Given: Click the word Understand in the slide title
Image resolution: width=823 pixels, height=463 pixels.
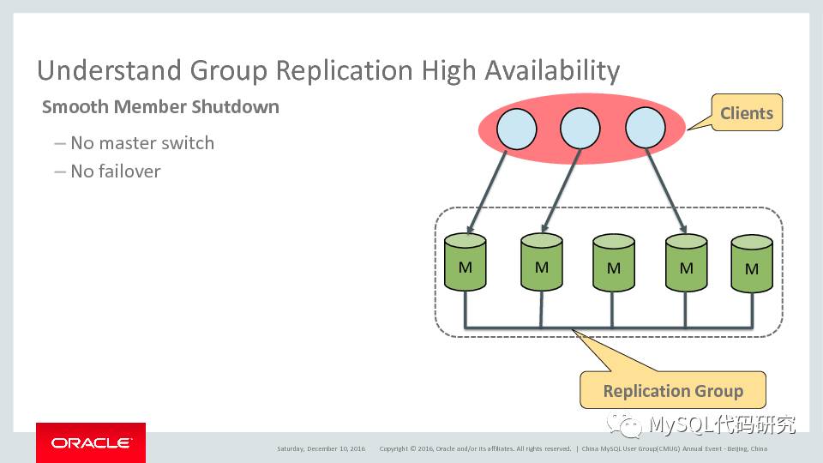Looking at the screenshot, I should click(96, 69).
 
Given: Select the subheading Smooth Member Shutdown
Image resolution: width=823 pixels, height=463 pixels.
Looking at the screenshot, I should click(160, 107).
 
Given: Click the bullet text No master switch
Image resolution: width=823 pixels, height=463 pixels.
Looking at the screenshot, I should click(142, 143).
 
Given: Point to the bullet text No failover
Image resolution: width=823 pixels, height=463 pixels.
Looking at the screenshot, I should click(116, 171).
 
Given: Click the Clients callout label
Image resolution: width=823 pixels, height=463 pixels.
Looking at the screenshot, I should click(746, 113).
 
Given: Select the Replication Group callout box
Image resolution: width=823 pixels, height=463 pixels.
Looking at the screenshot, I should click(673, 391).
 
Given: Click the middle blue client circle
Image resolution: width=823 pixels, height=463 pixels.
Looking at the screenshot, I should click(580, 130).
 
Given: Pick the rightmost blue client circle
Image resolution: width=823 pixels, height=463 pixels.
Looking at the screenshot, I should click(646, 130).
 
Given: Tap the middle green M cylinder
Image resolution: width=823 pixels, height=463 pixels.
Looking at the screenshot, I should click(613, 264).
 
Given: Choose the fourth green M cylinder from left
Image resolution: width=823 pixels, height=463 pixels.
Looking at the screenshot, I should click(686, 264).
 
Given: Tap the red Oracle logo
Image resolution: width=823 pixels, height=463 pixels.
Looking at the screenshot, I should click(90, 442).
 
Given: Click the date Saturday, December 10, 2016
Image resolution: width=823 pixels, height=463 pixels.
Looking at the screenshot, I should click(321, 448).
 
